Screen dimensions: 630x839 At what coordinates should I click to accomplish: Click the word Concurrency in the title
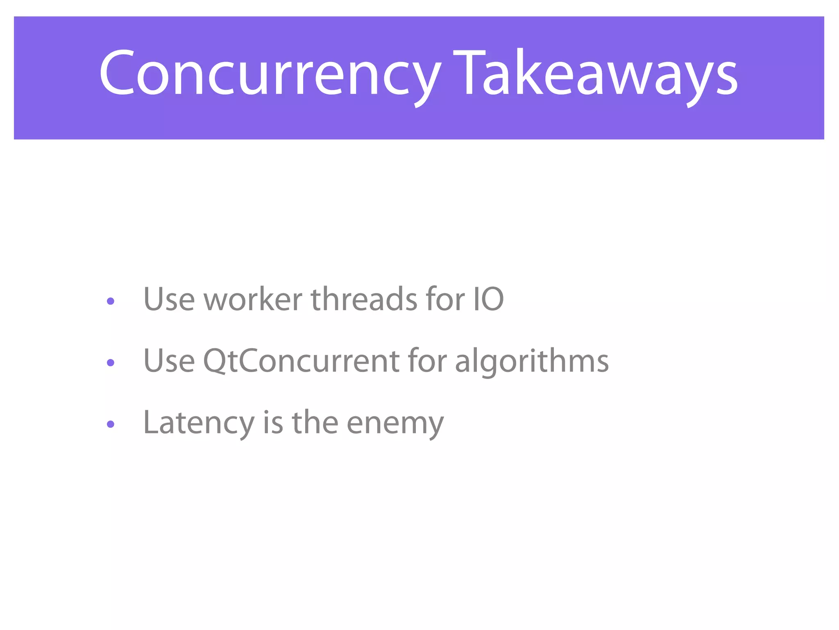(x=270, y=74)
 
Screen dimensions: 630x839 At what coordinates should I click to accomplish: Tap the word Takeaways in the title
(x=596, y=74)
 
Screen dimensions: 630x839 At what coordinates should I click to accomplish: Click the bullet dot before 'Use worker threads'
(x=110, y=301)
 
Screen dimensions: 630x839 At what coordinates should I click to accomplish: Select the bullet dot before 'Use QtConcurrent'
(x=110, y=363)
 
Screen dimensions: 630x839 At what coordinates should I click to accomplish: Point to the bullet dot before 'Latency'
(x=110, y=424)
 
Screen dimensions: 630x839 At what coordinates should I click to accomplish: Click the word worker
(x=253, y=299)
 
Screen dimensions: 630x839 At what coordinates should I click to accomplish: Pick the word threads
(x=364, y=299)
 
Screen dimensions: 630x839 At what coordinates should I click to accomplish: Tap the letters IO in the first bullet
(x=488, y=299)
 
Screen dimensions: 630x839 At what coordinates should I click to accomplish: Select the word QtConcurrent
(x=301, y=361)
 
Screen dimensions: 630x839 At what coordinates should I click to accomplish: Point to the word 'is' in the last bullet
(x=273, y=422)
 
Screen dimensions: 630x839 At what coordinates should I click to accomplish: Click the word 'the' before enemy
(x=315, y=422)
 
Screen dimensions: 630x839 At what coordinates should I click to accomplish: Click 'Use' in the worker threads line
(x=169, y=299)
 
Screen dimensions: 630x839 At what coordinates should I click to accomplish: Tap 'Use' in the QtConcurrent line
(x=169, y=361)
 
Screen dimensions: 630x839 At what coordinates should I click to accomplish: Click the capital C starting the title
(x=117, y=73)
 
